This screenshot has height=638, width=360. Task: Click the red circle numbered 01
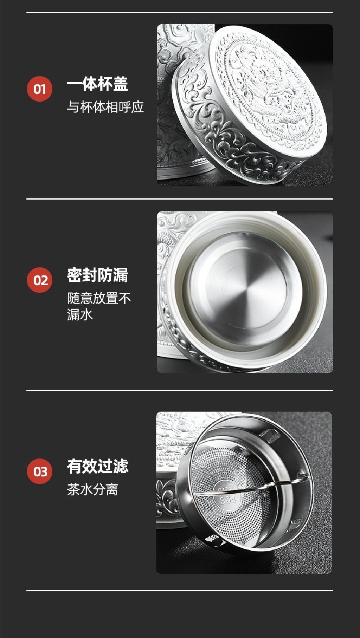40,89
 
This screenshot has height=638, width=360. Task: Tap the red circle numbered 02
40,280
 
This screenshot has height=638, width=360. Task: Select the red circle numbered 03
40,471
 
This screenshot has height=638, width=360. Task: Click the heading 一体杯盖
97,84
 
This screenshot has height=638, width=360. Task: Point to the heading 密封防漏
97,275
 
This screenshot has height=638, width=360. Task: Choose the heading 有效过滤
97,466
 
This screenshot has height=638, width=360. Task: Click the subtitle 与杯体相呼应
105,107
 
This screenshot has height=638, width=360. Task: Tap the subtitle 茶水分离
92,489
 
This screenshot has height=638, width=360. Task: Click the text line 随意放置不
99,298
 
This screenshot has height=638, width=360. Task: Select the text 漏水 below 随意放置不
80,314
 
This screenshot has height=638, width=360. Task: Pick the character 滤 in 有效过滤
121,466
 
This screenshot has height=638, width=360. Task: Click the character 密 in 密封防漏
75,275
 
